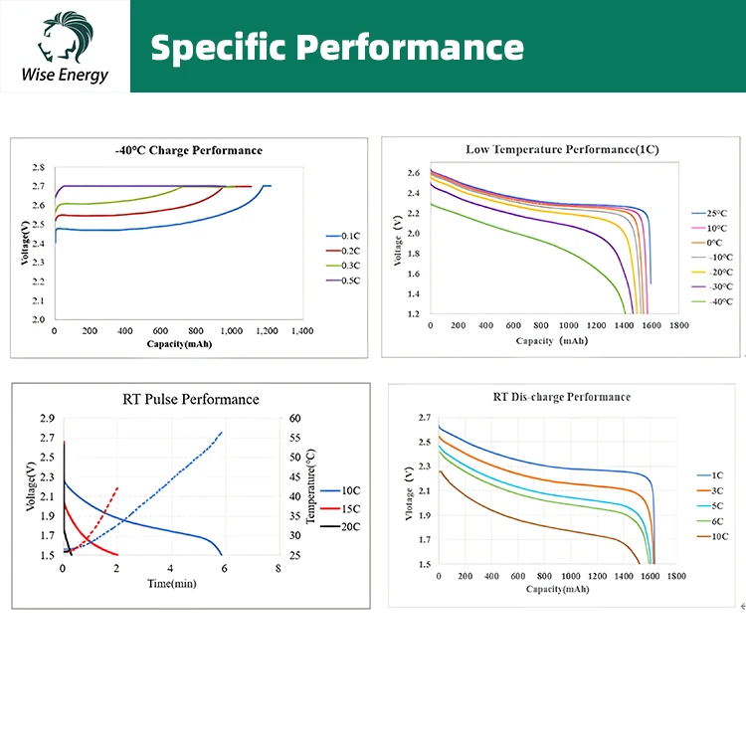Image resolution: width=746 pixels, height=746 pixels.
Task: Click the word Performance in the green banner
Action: click(x=407, y=47)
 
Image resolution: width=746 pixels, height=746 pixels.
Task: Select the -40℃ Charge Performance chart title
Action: click(x=189, y=150)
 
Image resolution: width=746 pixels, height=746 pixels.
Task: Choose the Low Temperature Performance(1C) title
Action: click(x=562, y=149)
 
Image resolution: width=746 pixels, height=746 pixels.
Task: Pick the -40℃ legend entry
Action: click(x=718, y=301)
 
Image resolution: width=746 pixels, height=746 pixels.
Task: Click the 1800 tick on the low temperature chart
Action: click(x=679, y=325)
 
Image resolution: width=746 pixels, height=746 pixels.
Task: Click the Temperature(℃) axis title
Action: click(x=311, y=486)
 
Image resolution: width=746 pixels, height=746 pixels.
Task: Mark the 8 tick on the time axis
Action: click(x=278, y=569)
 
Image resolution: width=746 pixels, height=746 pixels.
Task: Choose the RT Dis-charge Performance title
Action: click(x=562, y=397)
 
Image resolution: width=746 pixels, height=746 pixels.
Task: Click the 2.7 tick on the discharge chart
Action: click(x=424, y=418)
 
